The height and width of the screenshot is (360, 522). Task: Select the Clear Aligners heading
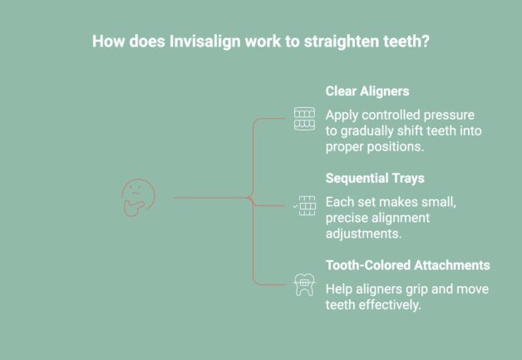point(367,92)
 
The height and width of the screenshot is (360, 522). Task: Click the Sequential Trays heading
point(375,179)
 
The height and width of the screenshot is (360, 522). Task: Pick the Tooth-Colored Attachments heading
point(407,265)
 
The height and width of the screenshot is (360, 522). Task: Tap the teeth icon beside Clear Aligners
point(304,118)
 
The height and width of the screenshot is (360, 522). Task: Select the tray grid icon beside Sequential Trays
point(305,205)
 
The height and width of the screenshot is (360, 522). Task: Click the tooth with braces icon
point(304,285)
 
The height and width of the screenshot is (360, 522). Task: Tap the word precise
point(350,217)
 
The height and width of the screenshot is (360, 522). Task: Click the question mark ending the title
point(426,40)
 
